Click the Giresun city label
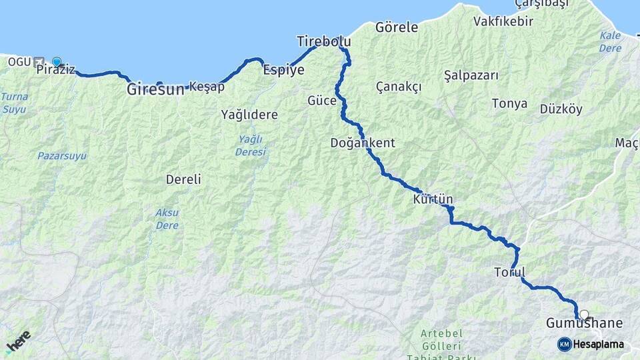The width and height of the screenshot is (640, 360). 155,88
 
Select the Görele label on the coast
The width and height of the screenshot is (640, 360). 397,27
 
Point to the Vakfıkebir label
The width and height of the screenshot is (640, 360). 503,21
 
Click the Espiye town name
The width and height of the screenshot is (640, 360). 284,69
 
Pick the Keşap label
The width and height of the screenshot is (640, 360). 207,86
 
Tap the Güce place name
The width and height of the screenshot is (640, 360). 321,101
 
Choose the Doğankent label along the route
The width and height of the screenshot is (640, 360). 363,143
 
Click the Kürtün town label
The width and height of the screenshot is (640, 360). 433,199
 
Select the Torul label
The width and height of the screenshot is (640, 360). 510,272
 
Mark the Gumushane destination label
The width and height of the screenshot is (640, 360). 585,324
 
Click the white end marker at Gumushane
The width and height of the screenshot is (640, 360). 585,315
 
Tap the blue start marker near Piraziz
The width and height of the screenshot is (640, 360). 57,62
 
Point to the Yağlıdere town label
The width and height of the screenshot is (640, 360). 249,115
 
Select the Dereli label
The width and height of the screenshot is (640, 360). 183,179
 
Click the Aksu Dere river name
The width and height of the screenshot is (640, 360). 167,218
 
